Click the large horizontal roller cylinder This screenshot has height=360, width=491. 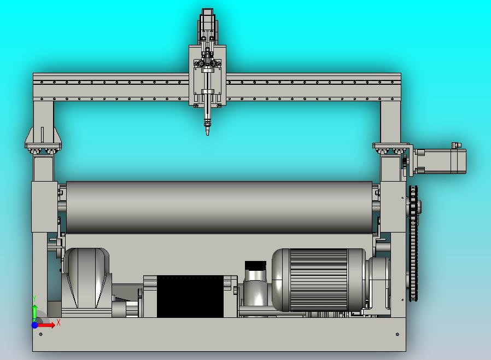click(x=219, y=207)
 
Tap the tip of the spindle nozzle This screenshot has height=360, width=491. click(x=207, y=135)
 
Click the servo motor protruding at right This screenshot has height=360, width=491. click(x=440, y=161)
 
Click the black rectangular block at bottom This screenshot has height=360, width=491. click(x=190, y=297)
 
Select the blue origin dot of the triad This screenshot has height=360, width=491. click(x=35, y=325)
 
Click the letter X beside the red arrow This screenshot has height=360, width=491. click(x=59, y=322)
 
